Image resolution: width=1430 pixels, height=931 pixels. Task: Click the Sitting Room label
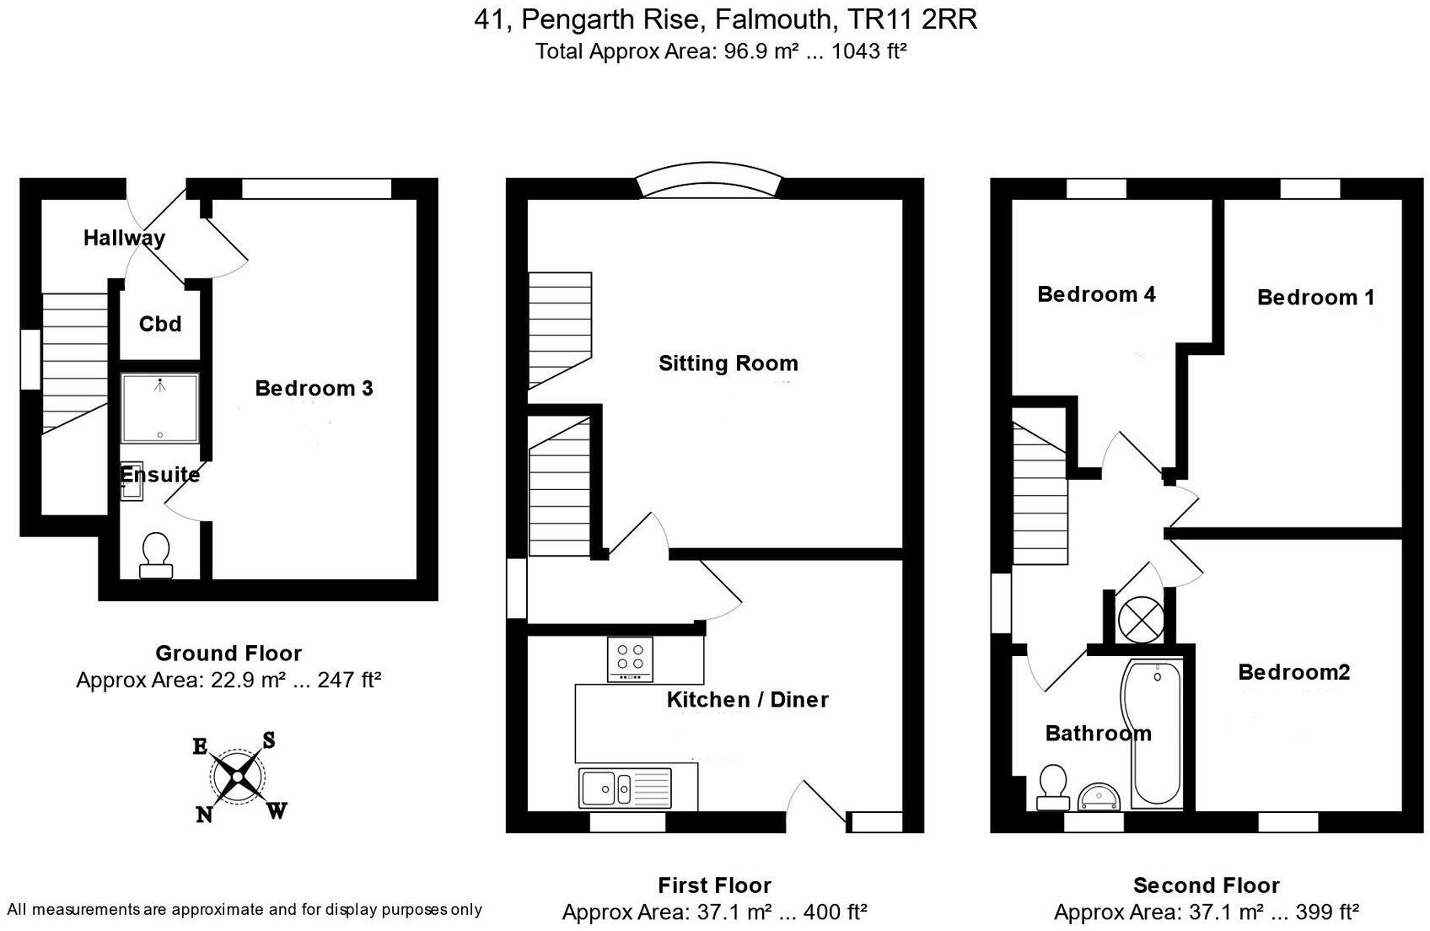(x=728, y=363)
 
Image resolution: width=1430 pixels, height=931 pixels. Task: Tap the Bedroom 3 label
(x=314, y=388)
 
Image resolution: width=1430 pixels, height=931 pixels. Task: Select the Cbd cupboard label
(x=160, y=325)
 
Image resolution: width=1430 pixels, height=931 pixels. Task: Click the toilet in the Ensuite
(x=156, y=556)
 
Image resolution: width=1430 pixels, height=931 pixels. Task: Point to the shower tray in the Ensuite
(x=159, y=408)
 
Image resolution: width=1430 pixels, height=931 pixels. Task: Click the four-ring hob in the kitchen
(x=630, y=659)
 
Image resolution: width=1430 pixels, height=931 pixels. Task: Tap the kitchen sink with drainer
(x=625, y=788)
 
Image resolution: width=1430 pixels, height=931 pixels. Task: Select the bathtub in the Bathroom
(x=1153, y=735)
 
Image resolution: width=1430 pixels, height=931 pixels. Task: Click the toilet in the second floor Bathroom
(x=1053, y=788)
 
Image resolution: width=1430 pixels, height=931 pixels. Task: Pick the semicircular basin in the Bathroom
(x=1100, y=799)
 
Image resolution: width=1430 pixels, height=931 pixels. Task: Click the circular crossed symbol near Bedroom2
(x=1141, y=619)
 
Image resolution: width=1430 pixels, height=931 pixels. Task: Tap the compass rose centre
(x=237, y=777)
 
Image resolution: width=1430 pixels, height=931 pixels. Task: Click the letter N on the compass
(x=204, y=815)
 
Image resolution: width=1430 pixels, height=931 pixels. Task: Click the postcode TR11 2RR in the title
(x=912, y=19)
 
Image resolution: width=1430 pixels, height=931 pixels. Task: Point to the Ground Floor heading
(x=228, y=654)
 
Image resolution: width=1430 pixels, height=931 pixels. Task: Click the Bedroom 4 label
(x=1096, y=294)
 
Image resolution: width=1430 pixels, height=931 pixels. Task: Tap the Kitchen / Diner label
(x=748, y=700)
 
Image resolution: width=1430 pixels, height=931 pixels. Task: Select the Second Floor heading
(x=1207, y=885)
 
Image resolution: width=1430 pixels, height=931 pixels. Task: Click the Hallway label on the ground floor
(x=125, y=238)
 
